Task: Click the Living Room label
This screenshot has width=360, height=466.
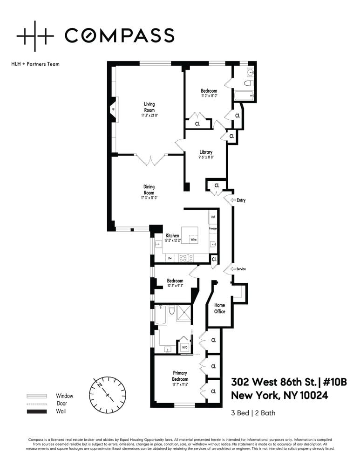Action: click(x=149, y=107)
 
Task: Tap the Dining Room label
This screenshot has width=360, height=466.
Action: click(x=149, y=190)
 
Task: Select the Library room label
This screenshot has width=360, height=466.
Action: click(x=206, y=152)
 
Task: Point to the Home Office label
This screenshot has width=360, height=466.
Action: click(x=220, y=308)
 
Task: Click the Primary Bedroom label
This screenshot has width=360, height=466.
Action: click(x=180, y=376)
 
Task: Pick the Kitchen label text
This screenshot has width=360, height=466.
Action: click(x=173, y=236)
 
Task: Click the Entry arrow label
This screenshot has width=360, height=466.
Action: click(x=241, y=200)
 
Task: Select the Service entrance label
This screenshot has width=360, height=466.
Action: click(x=241, y=269)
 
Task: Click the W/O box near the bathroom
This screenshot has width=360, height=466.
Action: click(x=184, y=347)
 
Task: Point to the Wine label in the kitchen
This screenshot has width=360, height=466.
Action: click(x=193, y=240)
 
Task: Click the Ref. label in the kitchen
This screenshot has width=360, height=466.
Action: click(x=213, y=217)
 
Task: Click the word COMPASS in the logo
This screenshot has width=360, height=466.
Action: click(x=119, y=35)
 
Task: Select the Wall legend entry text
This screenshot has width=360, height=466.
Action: click(x=61, y=411)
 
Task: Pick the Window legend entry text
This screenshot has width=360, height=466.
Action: click(x=64, y=396)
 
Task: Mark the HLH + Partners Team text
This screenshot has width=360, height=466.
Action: click(x=35, y=64)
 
